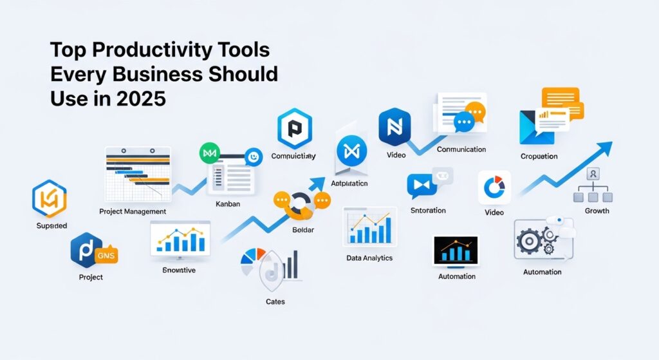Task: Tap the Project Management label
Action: [133, 211]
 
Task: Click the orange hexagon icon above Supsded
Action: [50, 200]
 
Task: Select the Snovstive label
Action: [180, 270]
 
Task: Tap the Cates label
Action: [275, 301]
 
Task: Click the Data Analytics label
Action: [369, 258]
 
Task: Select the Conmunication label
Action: [461, 149]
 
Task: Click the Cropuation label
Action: [539, 156]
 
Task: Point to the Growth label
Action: [597, 211]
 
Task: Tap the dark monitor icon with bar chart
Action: [456, 252]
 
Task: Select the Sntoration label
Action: [428, 211]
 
